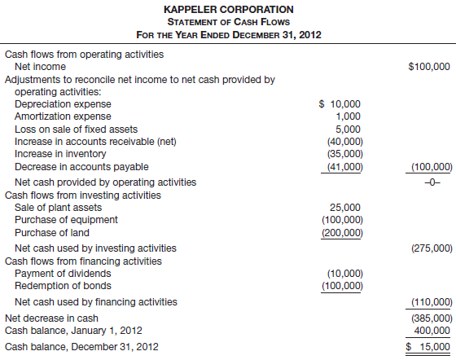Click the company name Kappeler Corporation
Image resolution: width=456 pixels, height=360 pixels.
[227, 9]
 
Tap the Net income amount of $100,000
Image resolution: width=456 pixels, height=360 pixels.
[429, 66]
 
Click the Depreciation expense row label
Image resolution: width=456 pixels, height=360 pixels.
[64, 104]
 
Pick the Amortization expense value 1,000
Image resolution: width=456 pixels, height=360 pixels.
[349, 116]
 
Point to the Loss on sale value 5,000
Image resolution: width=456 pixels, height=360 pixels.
[349, 129]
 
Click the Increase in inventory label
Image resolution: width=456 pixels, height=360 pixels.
[60, 154]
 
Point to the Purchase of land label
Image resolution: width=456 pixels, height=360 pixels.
[55, 232]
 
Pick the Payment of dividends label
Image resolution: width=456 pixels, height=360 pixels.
[64, 274]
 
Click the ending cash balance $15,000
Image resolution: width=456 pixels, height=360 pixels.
[429, 347]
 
